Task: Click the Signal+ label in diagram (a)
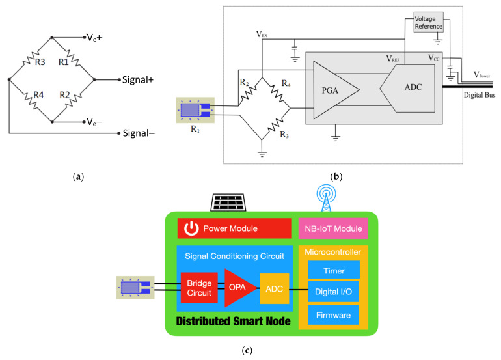tap(138, 79)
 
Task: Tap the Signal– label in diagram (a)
tap(139, 133)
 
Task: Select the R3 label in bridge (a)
tap(40, 62)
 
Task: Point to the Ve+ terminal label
tap(94, 38)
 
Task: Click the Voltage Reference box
tap(429, 22)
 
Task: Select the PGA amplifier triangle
tap(332, 90)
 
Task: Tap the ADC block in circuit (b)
tap(407, 89)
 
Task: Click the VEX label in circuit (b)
tap(262, 35)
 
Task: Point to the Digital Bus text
tap(480, 95)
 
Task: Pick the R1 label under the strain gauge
tap(195, 129)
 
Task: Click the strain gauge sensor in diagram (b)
tap(195, 110)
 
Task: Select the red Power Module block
tap(234, 228)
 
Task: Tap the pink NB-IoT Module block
tap(333, 228)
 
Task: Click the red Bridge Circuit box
tap(199, 288)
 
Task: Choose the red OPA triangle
tap(238, 288)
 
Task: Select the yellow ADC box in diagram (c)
tap(275, 288)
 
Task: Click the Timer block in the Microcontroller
tap(334, 270)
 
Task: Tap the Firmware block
tap(333, 315)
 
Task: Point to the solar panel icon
tap(228, 202)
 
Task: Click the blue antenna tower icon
tap(326, 198)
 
